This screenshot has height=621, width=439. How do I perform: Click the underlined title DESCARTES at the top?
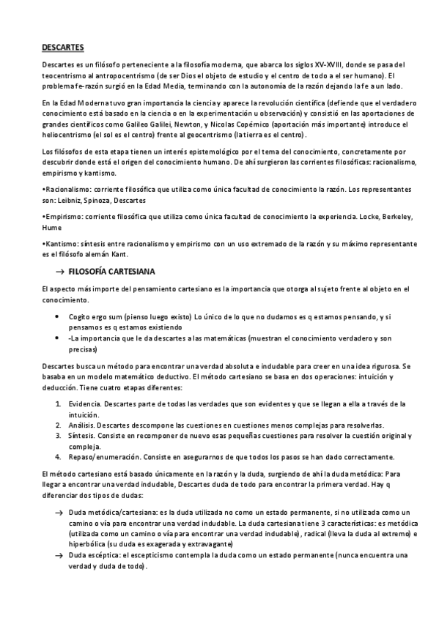coord(63,48)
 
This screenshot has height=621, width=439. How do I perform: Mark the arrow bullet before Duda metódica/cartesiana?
coord(58,515)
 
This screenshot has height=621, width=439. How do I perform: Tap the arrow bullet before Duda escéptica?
coord(58,556)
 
